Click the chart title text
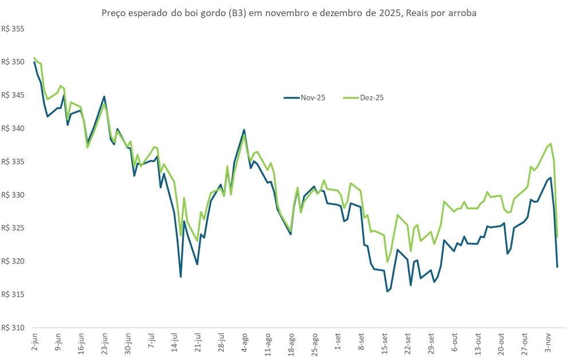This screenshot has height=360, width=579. (x=289, y=12)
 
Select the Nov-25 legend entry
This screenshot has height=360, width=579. (x=305, y=98)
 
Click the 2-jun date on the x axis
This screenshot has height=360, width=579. (x=35, y=342)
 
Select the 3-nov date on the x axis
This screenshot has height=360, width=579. (x=548, y=342)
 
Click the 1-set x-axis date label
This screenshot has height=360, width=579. (x=338, y=342)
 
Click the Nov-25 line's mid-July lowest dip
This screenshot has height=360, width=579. (x=180, y=277)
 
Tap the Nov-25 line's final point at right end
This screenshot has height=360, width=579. (x=557, y=267)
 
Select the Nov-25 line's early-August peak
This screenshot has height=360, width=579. (x=244, y=130)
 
